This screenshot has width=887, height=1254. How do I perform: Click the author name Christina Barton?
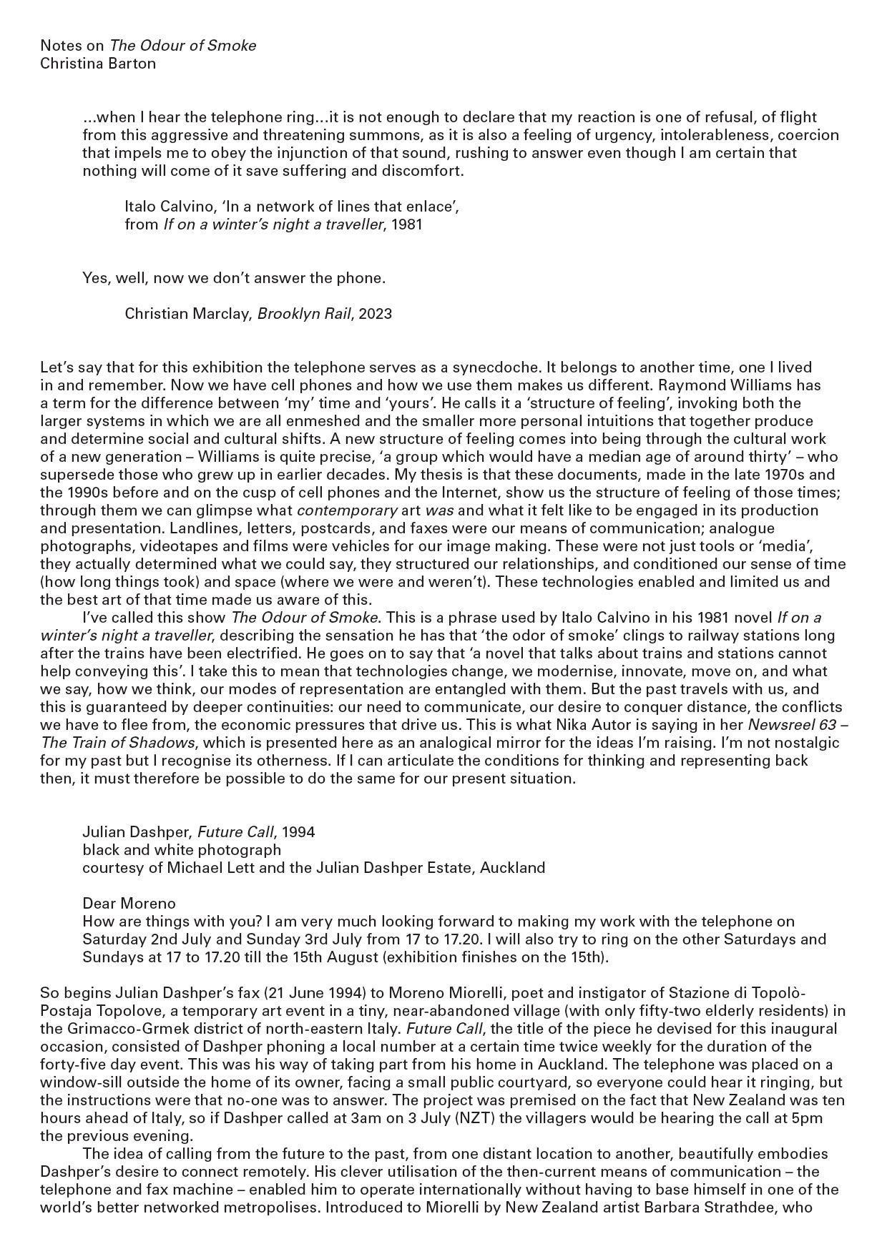pyautogui.click(x=98, y=64)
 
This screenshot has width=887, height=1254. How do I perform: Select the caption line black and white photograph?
pyautogui.click(x=182, y=850)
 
